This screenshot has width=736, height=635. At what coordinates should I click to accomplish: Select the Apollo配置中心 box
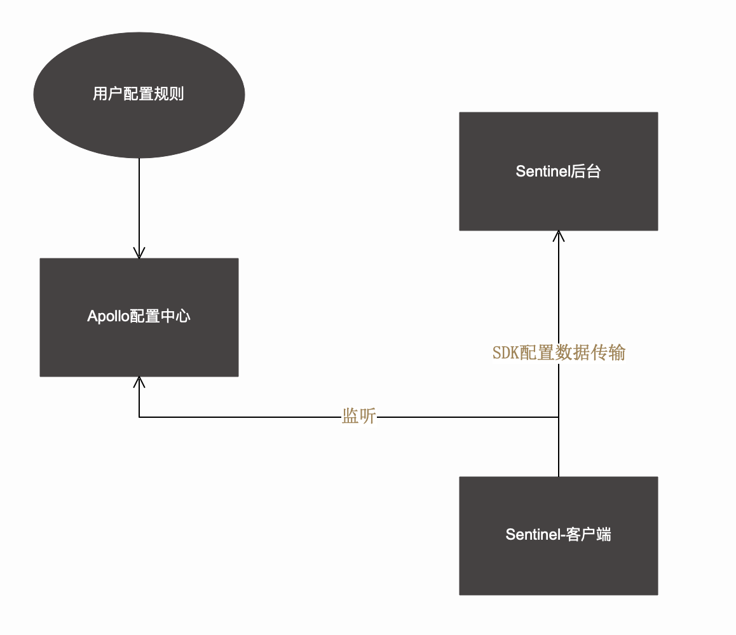(x=139, y=343)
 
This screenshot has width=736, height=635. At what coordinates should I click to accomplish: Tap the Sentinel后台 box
(x=558, y=197)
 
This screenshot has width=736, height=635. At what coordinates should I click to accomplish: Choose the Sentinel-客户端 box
(x=558, y=565)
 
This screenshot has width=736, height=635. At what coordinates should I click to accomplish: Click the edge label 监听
(x=359, y=417)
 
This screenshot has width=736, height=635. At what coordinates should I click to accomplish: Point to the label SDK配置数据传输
(x=559, y=353)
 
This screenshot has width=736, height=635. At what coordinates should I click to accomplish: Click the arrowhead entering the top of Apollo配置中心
(x=139, y=253)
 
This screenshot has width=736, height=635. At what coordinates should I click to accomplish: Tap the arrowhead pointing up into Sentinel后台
(x=558, y=236)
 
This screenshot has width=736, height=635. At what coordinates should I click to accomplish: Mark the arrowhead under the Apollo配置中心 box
(x=139, y=382)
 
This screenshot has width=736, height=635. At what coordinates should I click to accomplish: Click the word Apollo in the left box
(x=108, y=316)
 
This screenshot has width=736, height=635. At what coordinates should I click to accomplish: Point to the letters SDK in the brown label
(x=506, y=353)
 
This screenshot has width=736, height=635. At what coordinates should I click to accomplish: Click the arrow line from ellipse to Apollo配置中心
(x=139, y=203)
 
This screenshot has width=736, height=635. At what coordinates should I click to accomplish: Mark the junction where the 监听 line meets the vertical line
(x=558, y=417)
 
